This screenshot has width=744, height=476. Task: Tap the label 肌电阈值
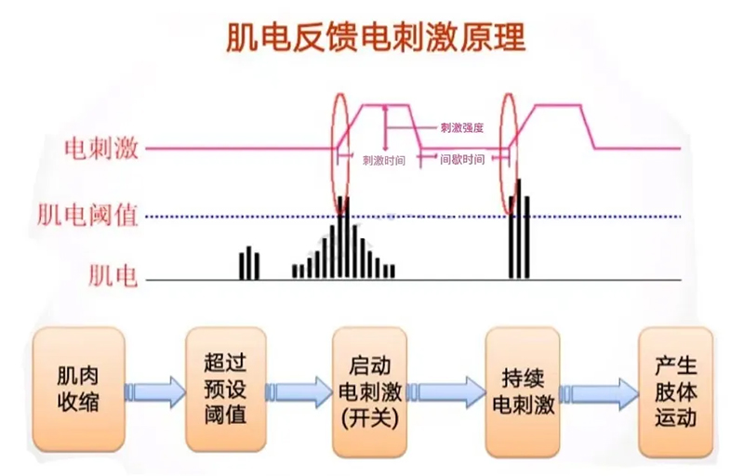pos(87,216)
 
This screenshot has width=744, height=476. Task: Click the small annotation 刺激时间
pos(383,160)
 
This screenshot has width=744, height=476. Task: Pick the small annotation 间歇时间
pos(462,160)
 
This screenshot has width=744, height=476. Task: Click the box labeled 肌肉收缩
pos(78,390)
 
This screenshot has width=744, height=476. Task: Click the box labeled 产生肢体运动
pos(674,390)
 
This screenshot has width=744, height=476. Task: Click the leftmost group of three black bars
pos(248,263)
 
